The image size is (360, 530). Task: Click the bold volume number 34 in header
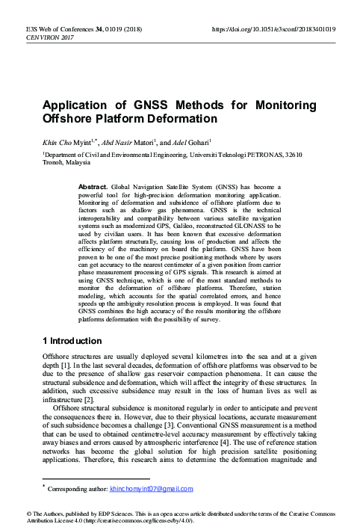pyautogui.click(x=94, y=29)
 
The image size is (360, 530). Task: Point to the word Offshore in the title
pyautogui.click(x=69, y=119)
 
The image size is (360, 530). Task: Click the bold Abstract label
pyautogui.click(x=95, y=185)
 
